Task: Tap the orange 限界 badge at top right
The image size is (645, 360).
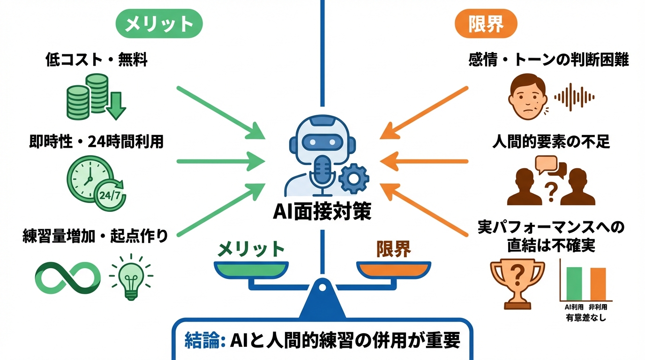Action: [x=486, y=24]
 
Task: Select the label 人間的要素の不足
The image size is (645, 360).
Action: [x=551, y=142]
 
